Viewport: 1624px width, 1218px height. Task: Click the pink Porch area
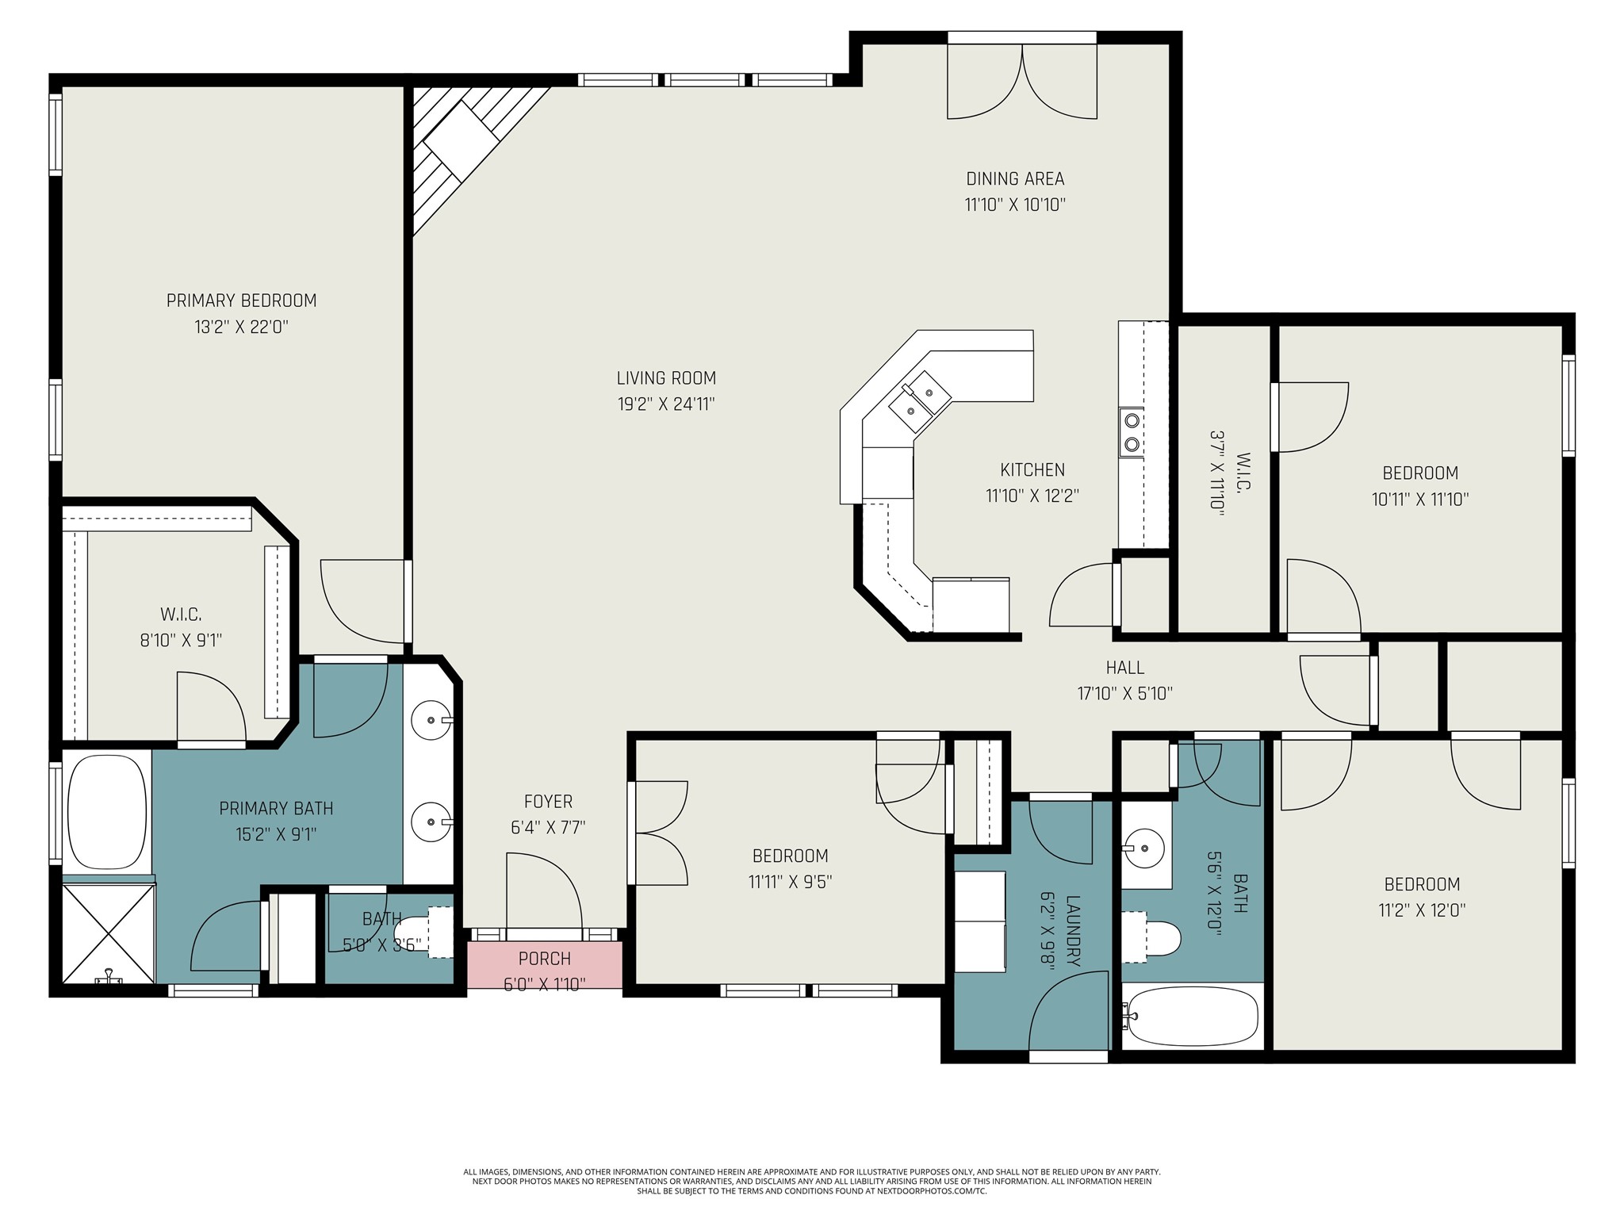pyautogui.click(x=544, y=965)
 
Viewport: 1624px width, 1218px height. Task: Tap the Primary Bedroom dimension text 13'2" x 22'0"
pyautogui.click(x=241, y=327)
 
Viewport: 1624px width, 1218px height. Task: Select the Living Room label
pyautogui.click(x=666, y=378)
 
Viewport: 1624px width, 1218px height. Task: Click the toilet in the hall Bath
pyautogui.click(x=1154, y=938)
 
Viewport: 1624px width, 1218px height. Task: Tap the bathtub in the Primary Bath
pyautogui.click(x=107, y=812)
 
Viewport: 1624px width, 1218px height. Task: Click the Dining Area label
pyautogui.click(x=1015, y=179)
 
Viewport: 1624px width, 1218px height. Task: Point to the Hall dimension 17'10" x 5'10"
pyautogui.click(x=1124, y=694)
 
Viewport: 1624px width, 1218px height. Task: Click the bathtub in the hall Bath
pyautogui.click(x=1193, y=1017)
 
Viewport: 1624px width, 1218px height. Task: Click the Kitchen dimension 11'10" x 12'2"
pyautogui.click(x=1032, y=496)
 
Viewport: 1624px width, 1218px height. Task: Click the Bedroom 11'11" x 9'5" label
pyautogui.click(x=790, y=856)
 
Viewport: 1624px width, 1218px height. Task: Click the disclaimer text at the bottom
pyautogui.click(x=811, y=1181)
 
